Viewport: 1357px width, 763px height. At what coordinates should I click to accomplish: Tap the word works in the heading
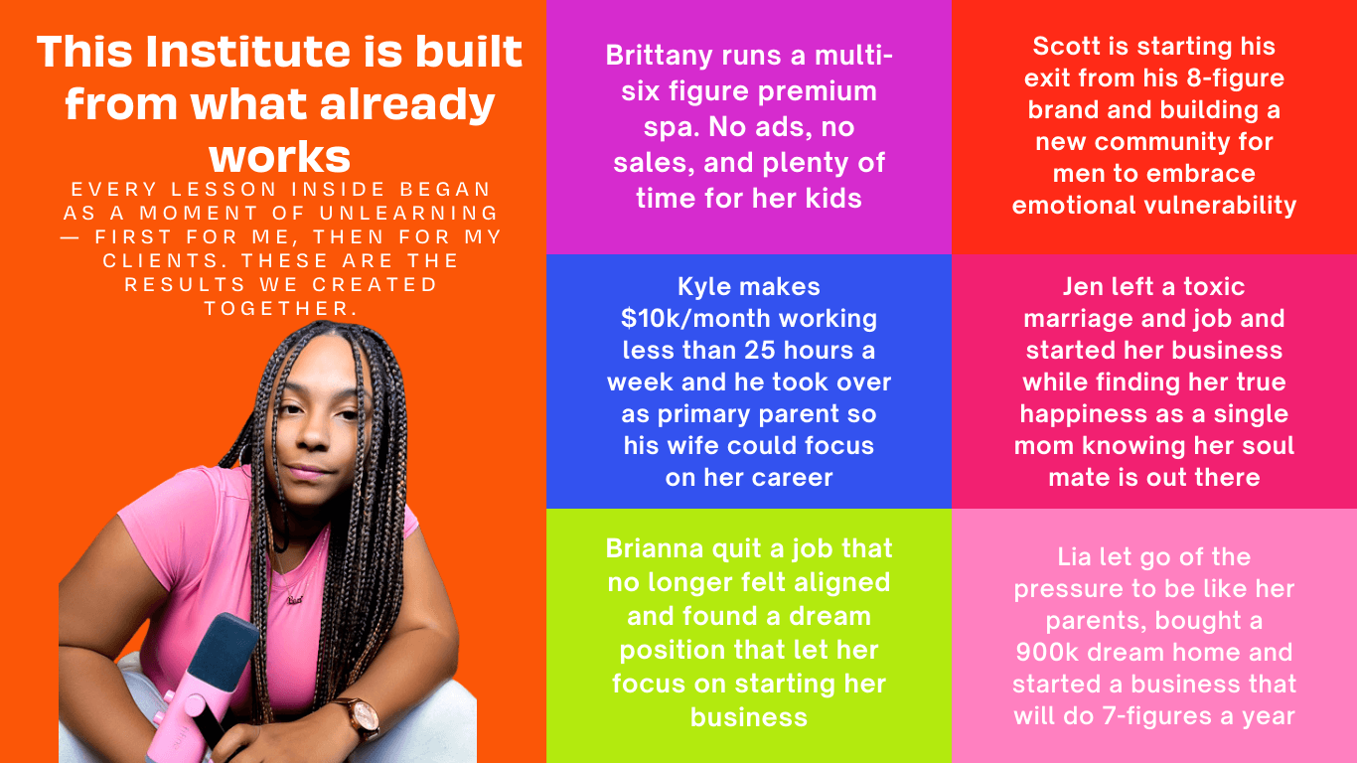click(280, 157)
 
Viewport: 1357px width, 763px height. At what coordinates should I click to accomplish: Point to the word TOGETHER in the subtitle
click(281, 308)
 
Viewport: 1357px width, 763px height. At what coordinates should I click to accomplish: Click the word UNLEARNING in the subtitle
click(409, 213)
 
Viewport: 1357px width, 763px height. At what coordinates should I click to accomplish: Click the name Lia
click(1077, 557)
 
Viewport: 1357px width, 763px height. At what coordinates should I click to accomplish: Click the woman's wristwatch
click(362, 717)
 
